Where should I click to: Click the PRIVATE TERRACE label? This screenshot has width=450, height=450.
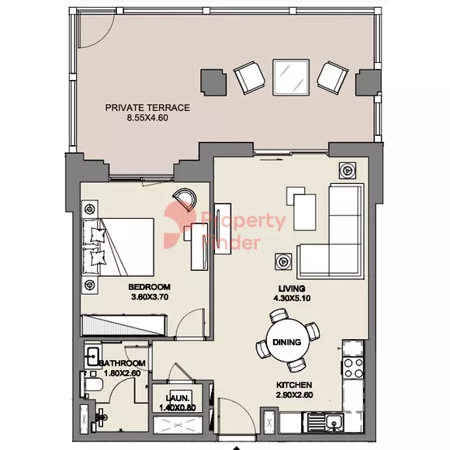point(147,108)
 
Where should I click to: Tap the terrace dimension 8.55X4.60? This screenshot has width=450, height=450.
point(147,118)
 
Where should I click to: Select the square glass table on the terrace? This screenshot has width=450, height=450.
point(291,78)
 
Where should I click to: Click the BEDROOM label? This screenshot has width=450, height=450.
point(149,287)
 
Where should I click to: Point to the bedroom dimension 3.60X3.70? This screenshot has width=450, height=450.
point(150,297)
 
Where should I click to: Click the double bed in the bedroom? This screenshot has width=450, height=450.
point(118,247)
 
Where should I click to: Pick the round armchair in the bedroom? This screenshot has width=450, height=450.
point(185,199)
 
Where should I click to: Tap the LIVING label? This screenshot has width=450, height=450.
point(292,289)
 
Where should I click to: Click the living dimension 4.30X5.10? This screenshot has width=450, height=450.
point(292,299)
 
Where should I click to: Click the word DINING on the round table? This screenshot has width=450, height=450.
point(287,342)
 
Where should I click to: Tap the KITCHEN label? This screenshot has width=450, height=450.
point(294,385)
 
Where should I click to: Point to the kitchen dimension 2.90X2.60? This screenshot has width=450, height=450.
point(295,395)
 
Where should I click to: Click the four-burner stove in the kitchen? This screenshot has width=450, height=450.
point(353,369)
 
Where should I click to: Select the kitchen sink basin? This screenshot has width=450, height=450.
point(334,421)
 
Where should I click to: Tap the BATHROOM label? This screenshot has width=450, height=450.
point(123,363)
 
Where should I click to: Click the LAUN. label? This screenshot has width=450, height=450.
point(178,398)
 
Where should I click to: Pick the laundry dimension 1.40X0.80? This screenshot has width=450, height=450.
point(178,407)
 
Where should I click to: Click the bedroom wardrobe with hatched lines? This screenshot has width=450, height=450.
point(124,325)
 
